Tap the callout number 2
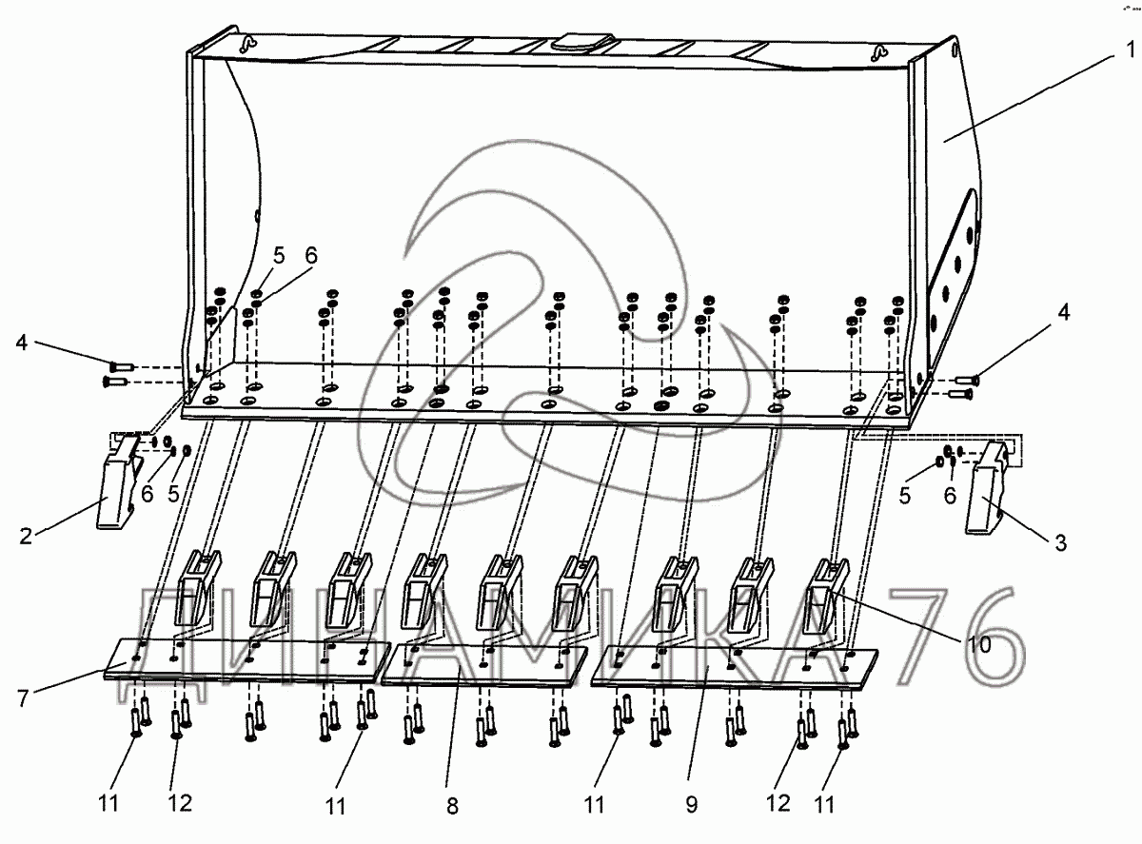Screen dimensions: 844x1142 (27, 536)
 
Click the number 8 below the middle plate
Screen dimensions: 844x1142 (451, 807)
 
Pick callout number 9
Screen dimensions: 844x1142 (691, 804)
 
